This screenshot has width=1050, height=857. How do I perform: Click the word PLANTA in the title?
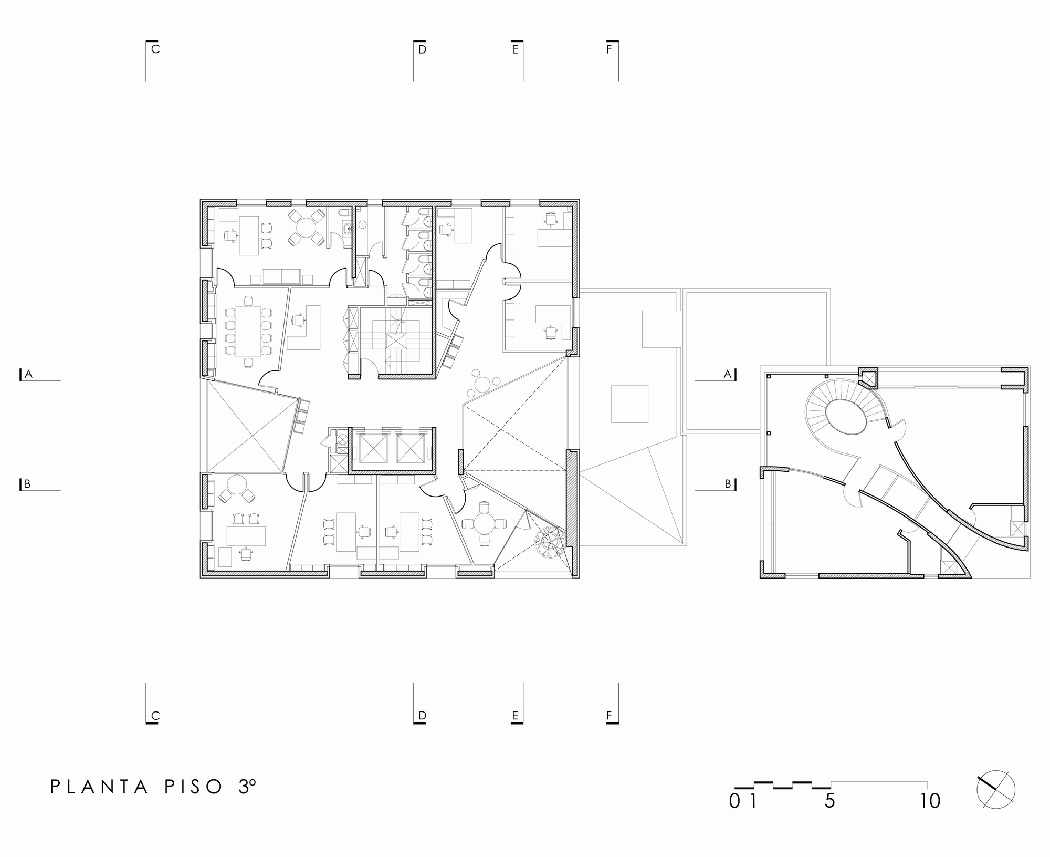coord(100,787)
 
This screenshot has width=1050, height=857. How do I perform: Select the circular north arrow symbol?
coord(995,790)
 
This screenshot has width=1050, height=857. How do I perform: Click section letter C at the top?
coord(155,49)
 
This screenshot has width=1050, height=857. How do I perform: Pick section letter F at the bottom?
coord(609,716)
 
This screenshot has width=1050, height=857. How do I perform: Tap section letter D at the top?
coord(422,49)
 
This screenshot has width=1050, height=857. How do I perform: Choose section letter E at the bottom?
coord(515,716)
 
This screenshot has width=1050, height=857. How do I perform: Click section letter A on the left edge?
coord(29,374)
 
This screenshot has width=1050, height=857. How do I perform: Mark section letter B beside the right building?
coord(728,484)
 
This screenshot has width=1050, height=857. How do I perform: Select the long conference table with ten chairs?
coord(248,331)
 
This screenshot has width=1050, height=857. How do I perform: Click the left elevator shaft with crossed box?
coord(373,449)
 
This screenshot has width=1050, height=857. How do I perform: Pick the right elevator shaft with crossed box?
coord(409,449)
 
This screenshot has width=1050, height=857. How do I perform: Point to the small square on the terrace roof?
coord(629,404)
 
